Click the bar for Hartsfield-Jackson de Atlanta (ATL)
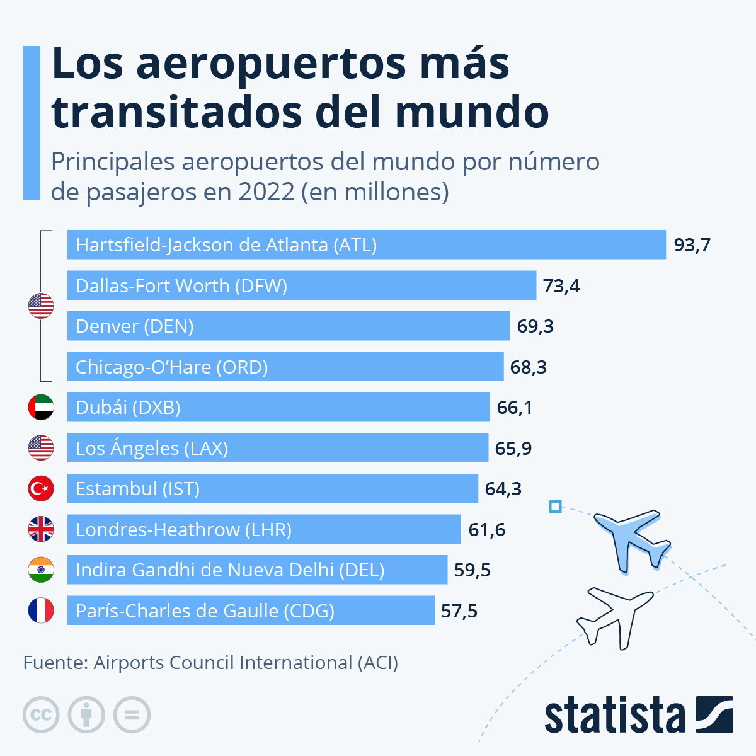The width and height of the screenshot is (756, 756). point(366,244)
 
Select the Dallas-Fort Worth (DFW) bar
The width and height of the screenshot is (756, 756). point(301,285)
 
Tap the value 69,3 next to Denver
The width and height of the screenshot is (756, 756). point(535,326)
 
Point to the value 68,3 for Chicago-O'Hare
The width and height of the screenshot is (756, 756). point(528,367)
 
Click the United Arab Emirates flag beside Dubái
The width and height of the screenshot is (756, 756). point(41,408)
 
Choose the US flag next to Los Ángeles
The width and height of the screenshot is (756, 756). point(41,448)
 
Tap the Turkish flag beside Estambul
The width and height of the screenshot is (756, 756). point(41,489)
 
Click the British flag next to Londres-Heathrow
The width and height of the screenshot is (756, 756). point(41,529)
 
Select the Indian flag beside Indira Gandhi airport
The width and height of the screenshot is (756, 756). point(41,570)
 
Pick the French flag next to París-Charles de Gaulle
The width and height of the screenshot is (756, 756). point(41,610)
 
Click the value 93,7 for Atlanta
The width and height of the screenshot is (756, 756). point(692,245)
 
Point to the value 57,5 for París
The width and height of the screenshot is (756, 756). point(459,611)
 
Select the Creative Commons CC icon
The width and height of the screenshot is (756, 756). point(41,715)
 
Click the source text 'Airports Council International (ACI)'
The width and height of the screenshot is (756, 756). point(246,663)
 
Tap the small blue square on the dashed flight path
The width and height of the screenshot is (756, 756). point(555,507)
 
